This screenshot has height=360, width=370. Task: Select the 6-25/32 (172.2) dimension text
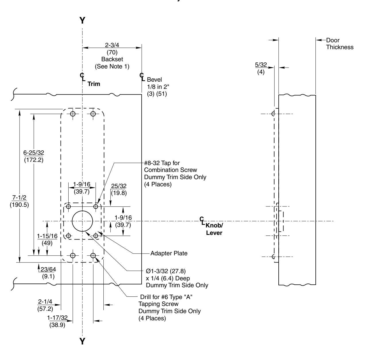pos(33,156)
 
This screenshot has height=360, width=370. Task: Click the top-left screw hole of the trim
pos(73,114)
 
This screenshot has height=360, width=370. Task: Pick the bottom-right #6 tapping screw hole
pos(93,255)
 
